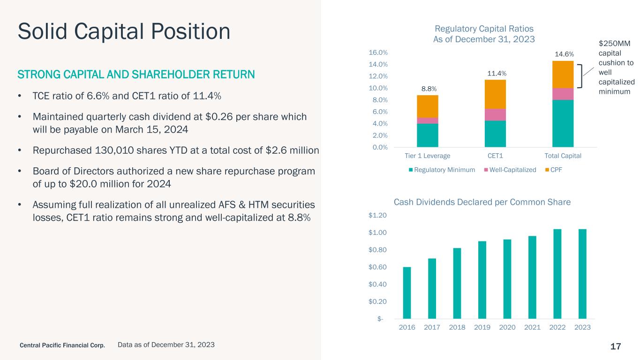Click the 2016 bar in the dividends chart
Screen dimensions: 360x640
tap(407, 293)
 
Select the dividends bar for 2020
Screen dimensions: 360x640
tap(507, 279)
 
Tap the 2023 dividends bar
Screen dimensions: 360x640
tap(582, 274)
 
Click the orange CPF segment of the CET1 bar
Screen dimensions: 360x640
tap(495, 94)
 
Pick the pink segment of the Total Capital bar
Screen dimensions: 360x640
tap(563, 94)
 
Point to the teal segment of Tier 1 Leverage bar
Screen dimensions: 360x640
tap(427, 135)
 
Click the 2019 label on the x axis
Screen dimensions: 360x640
tap(482, 327)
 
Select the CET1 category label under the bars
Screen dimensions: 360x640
tap(495, 155)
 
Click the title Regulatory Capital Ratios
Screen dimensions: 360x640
tap(484, 28)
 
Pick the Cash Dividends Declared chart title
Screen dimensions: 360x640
tap(482, 202)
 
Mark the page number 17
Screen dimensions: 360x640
tap(616, 346)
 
